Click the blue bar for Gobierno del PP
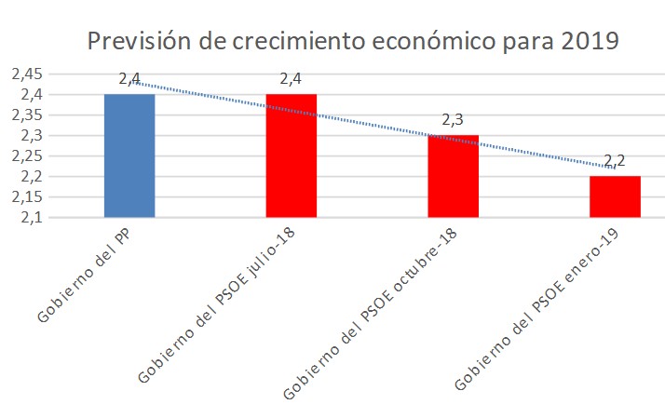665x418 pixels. coord(129,155)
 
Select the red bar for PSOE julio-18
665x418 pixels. coord(291,155)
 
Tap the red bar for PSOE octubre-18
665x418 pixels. coord(453,176)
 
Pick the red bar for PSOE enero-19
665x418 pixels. coord(614,196)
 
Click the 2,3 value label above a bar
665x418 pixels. coord(453,120)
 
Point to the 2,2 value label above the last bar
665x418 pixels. coord(614,161)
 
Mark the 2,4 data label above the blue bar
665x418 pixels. coord(129,79)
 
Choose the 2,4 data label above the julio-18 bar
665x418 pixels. coord(291,79)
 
